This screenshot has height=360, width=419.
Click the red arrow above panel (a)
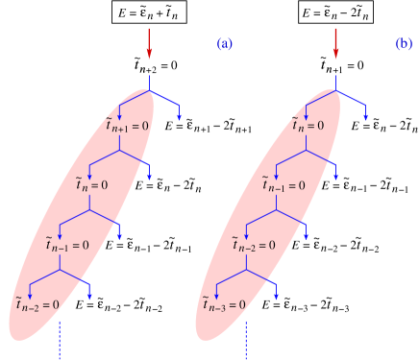pos(149,42)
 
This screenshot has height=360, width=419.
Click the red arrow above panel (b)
pos(335,42)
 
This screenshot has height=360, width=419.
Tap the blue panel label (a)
pos(225,44)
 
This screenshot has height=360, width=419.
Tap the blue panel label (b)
pos(405,44)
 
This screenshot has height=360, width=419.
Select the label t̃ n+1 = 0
pos(127,124)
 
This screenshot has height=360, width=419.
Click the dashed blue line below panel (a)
pos(61,340)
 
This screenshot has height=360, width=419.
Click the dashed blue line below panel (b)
pos(246,340)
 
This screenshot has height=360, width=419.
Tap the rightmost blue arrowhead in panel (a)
pos(179,116)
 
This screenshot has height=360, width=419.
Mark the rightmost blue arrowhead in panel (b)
pos(365,116)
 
